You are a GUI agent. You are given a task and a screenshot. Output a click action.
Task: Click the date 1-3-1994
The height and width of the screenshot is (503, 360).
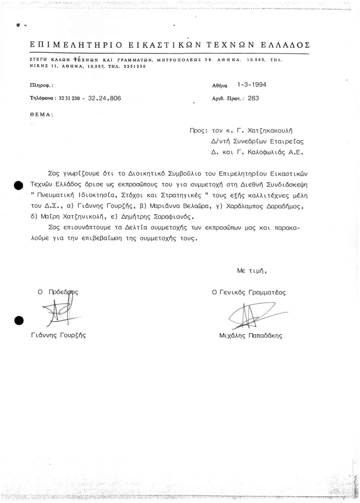click(252, 85)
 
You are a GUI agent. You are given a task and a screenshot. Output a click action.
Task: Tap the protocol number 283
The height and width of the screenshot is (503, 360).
click(253, 98)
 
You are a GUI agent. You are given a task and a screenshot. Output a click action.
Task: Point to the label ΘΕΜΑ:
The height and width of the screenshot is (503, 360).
click(42, 114)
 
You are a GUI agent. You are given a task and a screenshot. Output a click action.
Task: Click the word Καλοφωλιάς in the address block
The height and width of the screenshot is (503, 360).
click(262, 153)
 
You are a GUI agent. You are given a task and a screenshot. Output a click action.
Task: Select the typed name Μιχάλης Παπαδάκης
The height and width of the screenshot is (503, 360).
click(251, 336)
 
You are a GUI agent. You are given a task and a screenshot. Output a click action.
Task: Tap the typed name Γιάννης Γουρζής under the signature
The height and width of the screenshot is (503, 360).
click(58, 335)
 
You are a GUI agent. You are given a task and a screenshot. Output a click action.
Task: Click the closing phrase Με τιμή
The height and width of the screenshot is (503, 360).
click(252, 271)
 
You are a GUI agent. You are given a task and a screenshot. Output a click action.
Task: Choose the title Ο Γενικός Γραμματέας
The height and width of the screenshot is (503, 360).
click(249, 293)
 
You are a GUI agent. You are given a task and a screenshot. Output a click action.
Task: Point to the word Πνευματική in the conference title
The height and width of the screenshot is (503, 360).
click(55, 195)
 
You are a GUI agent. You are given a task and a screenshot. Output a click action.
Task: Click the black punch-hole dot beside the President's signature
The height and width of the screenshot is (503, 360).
click(19, 320)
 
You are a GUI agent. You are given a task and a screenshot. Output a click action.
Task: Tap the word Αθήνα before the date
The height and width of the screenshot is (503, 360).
click(220, 85)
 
